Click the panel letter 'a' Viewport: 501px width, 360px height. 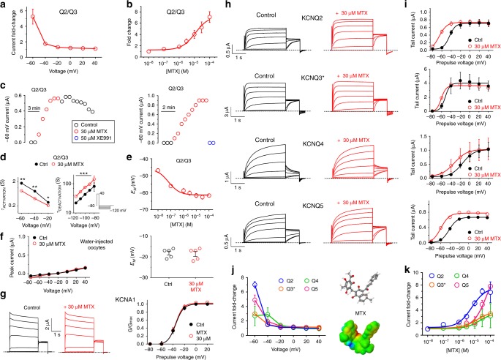coord(4,5)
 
